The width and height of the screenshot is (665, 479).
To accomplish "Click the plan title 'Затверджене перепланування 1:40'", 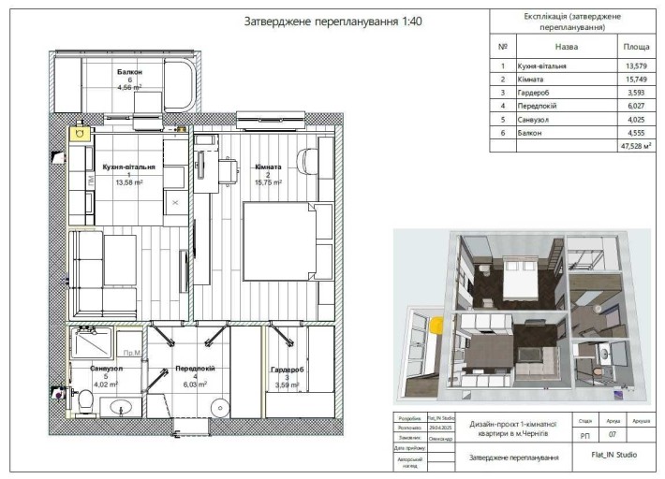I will point(320,22).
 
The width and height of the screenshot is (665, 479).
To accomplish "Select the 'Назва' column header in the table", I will point(566,45).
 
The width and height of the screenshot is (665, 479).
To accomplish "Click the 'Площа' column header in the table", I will point(633,45).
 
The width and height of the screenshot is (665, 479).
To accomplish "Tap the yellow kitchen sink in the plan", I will point(78,134).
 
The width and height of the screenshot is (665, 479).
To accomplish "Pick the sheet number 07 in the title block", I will point(613,435).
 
